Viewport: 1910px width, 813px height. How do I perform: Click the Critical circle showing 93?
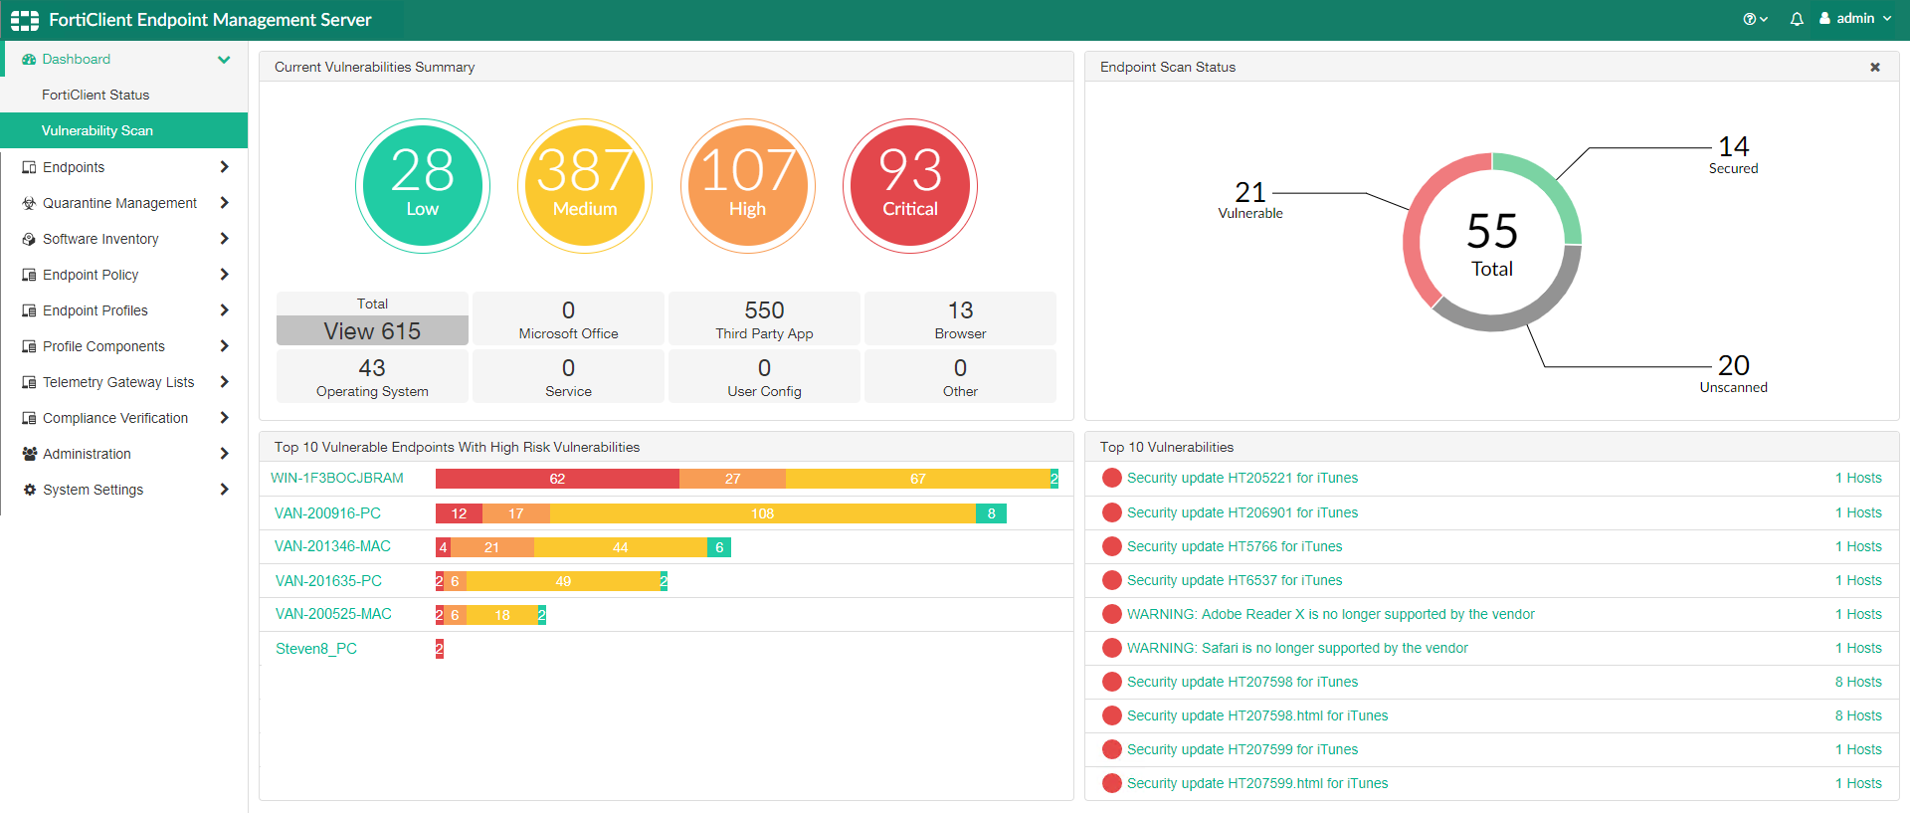click(x=909, y=186)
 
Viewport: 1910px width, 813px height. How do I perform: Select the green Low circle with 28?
click(x=422, y=186)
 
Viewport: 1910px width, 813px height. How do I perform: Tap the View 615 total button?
click(x=372, y=330)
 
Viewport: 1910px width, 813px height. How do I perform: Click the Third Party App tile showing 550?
click(x=764, y=318)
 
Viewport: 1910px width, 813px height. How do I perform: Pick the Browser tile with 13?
click(x=960, y=318)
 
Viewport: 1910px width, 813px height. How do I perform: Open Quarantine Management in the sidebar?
click(x=119, y=203)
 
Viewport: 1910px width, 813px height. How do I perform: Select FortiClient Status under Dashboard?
click(x=95, y=95)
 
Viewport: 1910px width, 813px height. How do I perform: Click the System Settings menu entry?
click(x=93, y=490)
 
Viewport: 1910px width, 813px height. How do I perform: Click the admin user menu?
click(x=1855, y=19)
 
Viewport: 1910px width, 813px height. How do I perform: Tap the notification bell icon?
click(x=1797, y=19)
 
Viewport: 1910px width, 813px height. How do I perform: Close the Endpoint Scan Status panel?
click(x=1875, y=68)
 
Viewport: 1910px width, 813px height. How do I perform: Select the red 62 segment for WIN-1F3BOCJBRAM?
click(x=557, y=479)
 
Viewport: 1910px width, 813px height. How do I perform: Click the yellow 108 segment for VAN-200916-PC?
click(x=762, y=513)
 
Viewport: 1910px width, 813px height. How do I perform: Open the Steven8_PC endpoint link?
click(x=315, y=649)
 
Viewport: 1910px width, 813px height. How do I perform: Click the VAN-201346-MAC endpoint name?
click(x=332, y=546)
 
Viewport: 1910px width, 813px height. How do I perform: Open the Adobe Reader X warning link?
click(x=1330, y=614)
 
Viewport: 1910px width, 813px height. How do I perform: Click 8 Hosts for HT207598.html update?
click(x=1857, y=715)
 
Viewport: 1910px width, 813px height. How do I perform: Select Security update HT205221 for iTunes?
click(x=1241, y=478)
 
